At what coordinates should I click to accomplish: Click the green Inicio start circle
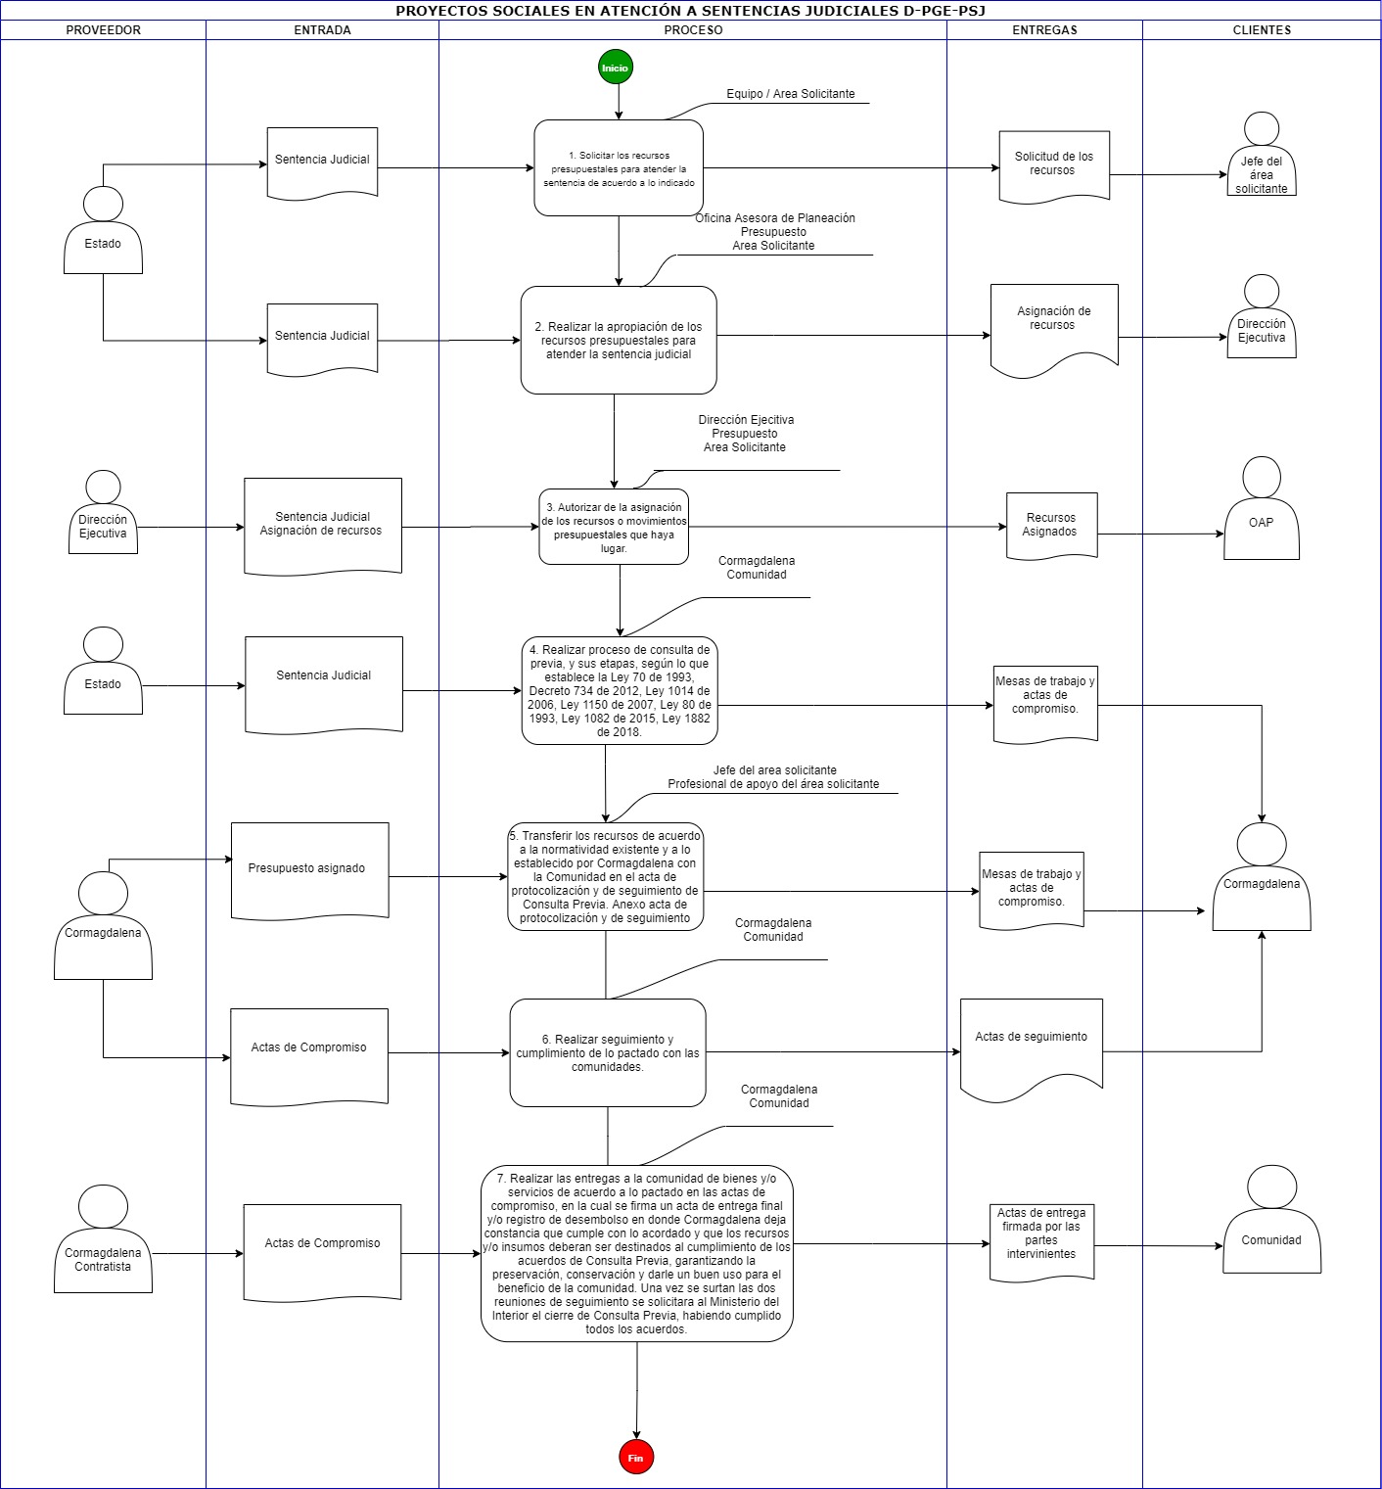pyautogui.click(x=616, y=68)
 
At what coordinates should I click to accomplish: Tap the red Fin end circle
pyautogui.click(x=636, y=1458)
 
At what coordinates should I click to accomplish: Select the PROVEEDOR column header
pyautogui.click(x=103, y=30)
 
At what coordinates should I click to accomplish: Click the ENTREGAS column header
pyautogui.click(x=1044, y=30)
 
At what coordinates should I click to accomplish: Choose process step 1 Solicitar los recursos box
pyautogui.click(x=619, y=168)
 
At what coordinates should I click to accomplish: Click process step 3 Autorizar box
pyautogui.click(x=614, y=527)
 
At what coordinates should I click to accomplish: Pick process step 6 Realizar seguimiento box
pyautogui.click(x=608, y=1053)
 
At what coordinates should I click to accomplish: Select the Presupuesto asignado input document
pyautogui.click(x=310, y=870)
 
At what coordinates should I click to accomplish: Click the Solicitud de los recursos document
pyautogui.click(x=1054, y=165)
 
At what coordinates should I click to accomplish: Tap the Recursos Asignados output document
pyautogui.click(x=1052, y=526)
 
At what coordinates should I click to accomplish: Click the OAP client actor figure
pyautogui.click(x=1262, y=508)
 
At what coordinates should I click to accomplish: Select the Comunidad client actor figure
pyautogui.click(x=1271, y=1219)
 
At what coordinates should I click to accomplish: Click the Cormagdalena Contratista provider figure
pyautogui.click(x=103, y=1238)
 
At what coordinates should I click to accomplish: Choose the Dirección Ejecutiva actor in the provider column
pyautogui.click(x=103, y=512)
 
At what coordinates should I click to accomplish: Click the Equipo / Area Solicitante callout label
pyautogui.click(x=791, y=94)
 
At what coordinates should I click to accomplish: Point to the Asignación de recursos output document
pyautogui.click(x=1054, y=330)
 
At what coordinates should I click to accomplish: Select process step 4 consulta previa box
pyautogui.click(x=620, y=690)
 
